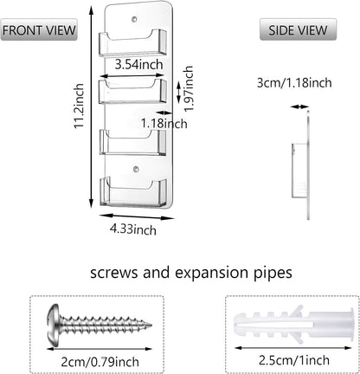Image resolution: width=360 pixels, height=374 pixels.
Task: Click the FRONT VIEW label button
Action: pos(39,29)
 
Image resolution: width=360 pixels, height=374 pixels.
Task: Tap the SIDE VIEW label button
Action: pos(298,29)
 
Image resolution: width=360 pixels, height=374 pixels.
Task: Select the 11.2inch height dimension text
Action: pos(79,106)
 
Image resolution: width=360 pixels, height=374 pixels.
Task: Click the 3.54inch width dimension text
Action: pos(138,64)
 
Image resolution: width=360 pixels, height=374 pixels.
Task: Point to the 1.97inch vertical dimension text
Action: pos(189,88)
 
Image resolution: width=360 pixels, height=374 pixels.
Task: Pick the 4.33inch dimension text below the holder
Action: pos(133,229)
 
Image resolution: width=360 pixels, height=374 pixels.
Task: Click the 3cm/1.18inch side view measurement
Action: pos(294,83)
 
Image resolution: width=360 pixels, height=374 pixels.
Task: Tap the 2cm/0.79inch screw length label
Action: pos(100,362)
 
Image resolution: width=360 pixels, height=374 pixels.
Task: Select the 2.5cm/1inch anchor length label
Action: pos(293,360)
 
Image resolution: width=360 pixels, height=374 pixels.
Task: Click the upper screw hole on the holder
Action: pos(134,20)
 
